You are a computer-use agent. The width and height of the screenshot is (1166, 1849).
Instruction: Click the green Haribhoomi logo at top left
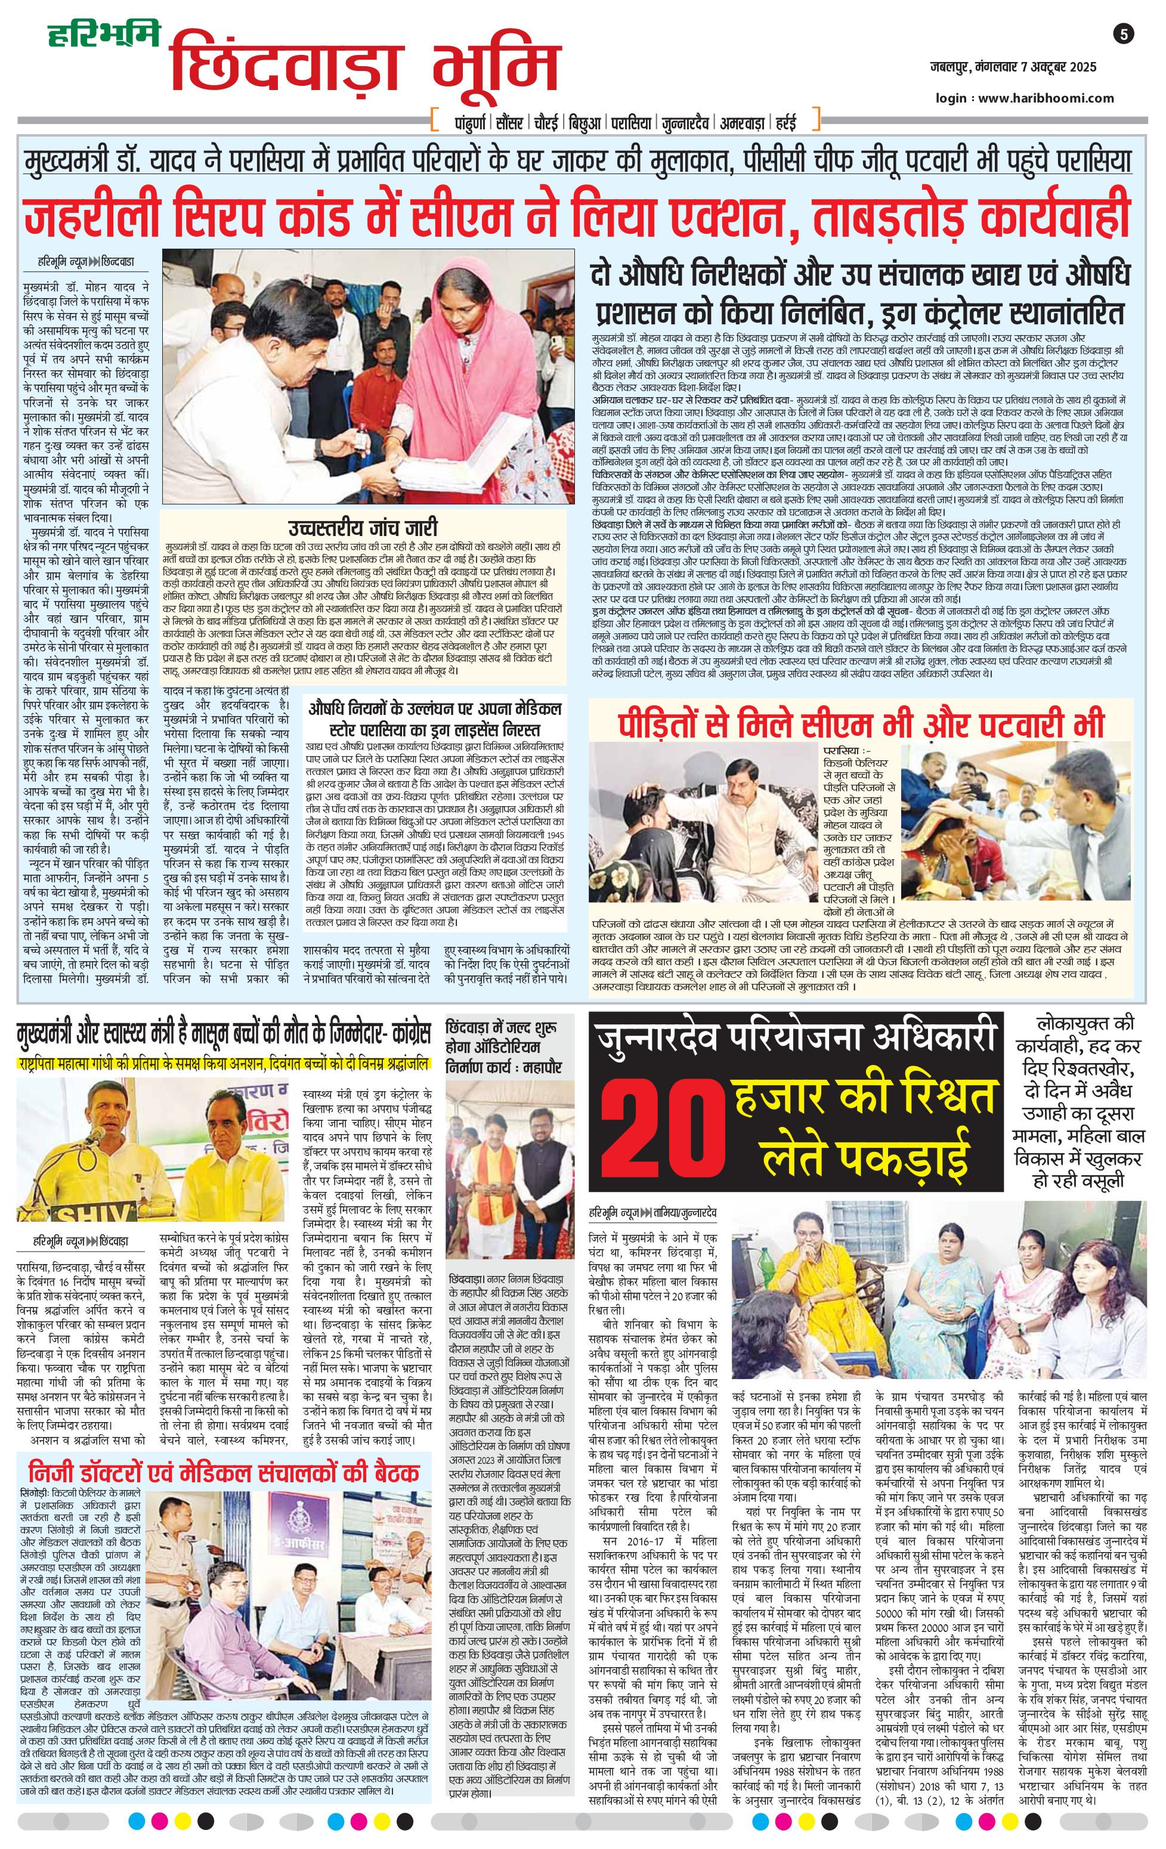pos(104,36)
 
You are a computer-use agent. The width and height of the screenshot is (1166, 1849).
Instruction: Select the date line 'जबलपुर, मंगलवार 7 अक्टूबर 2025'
pos(1010,67)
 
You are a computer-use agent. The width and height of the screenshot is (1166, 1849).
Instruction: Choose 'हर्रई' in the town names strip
pos(784,123)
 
